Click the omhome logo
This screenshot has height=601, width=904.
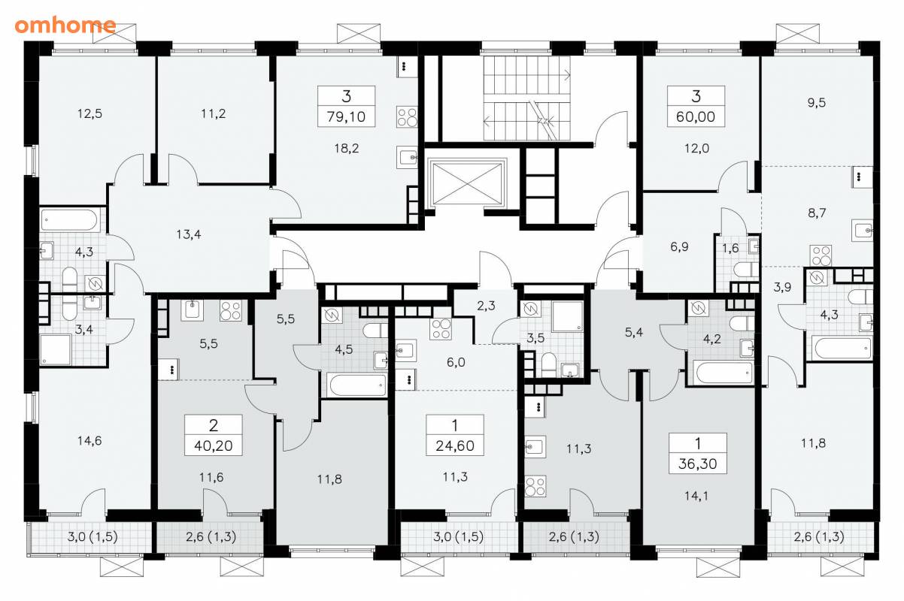65,26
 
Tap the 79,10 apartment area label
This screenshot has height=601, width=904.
346,117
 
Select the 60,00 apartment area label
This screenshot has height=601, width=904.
696,117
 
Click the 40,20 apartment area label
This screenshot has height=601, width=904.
214,445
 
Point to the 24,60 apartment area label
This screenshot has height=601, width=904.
455,445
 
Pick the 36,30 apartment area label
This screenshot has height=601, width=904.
698,464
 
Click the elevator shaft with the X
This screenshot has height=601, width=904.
467,184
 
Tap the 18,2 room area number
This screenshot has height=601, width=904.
346,149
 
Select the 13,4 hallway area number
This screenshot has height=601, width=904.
189,234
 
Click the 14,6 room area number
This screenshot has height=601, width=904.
89,440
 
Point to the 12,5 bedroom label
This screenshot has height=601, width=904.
89,113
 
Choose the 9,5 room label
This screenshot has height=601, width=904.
817,103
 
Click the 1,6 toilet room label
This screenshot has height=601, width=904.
730,248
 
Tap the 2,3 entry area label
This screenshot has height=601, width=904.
486,306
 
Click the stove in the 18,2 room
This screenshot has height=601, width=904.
407,116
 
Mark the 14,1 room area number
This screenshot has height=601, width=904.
696,496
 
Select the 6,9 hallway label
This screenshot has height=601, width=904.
680,246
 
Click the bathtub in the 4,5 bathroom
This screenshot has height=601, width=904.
357,385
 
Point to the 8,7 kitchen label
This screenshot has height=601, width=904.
817,213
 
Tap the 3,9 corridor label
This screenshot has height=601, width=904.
782,288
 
